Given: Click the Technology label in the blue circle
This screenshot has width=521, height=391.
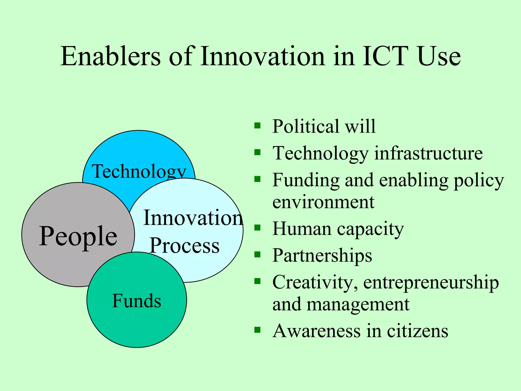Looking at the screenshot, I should (139, 171).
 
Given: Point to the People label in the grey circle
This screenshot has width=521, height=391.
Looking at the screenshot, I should (78, 236).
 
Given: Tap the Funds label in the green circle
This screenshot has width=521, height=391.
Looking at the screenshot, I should (137, 301).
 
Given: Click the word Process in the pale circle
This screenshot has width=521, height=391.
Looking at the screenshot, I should (184, 246).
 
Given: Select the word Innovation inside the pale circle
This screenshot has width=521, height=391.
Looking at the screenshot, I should (193, 218).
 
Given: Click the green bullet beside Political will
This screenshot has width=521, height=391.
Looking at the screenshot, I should (257, 125).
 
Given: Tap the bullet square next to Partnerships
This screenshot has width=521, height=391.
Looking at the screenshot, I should (257, 255).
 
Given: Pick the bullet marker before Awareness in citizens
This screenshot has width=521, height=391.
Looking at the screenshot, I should (257, 330).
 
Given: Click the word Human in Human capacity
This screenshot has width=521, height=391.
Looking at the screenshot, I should (302, 229).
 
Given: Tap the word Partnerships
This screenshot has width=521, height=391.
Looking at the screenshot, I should (322, 255).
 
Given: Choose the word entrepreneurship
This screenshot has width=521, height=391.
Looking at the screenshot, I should (431, 282).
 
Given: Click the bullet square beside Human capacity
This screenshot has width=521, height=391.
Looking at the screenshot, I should (257, 227).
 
